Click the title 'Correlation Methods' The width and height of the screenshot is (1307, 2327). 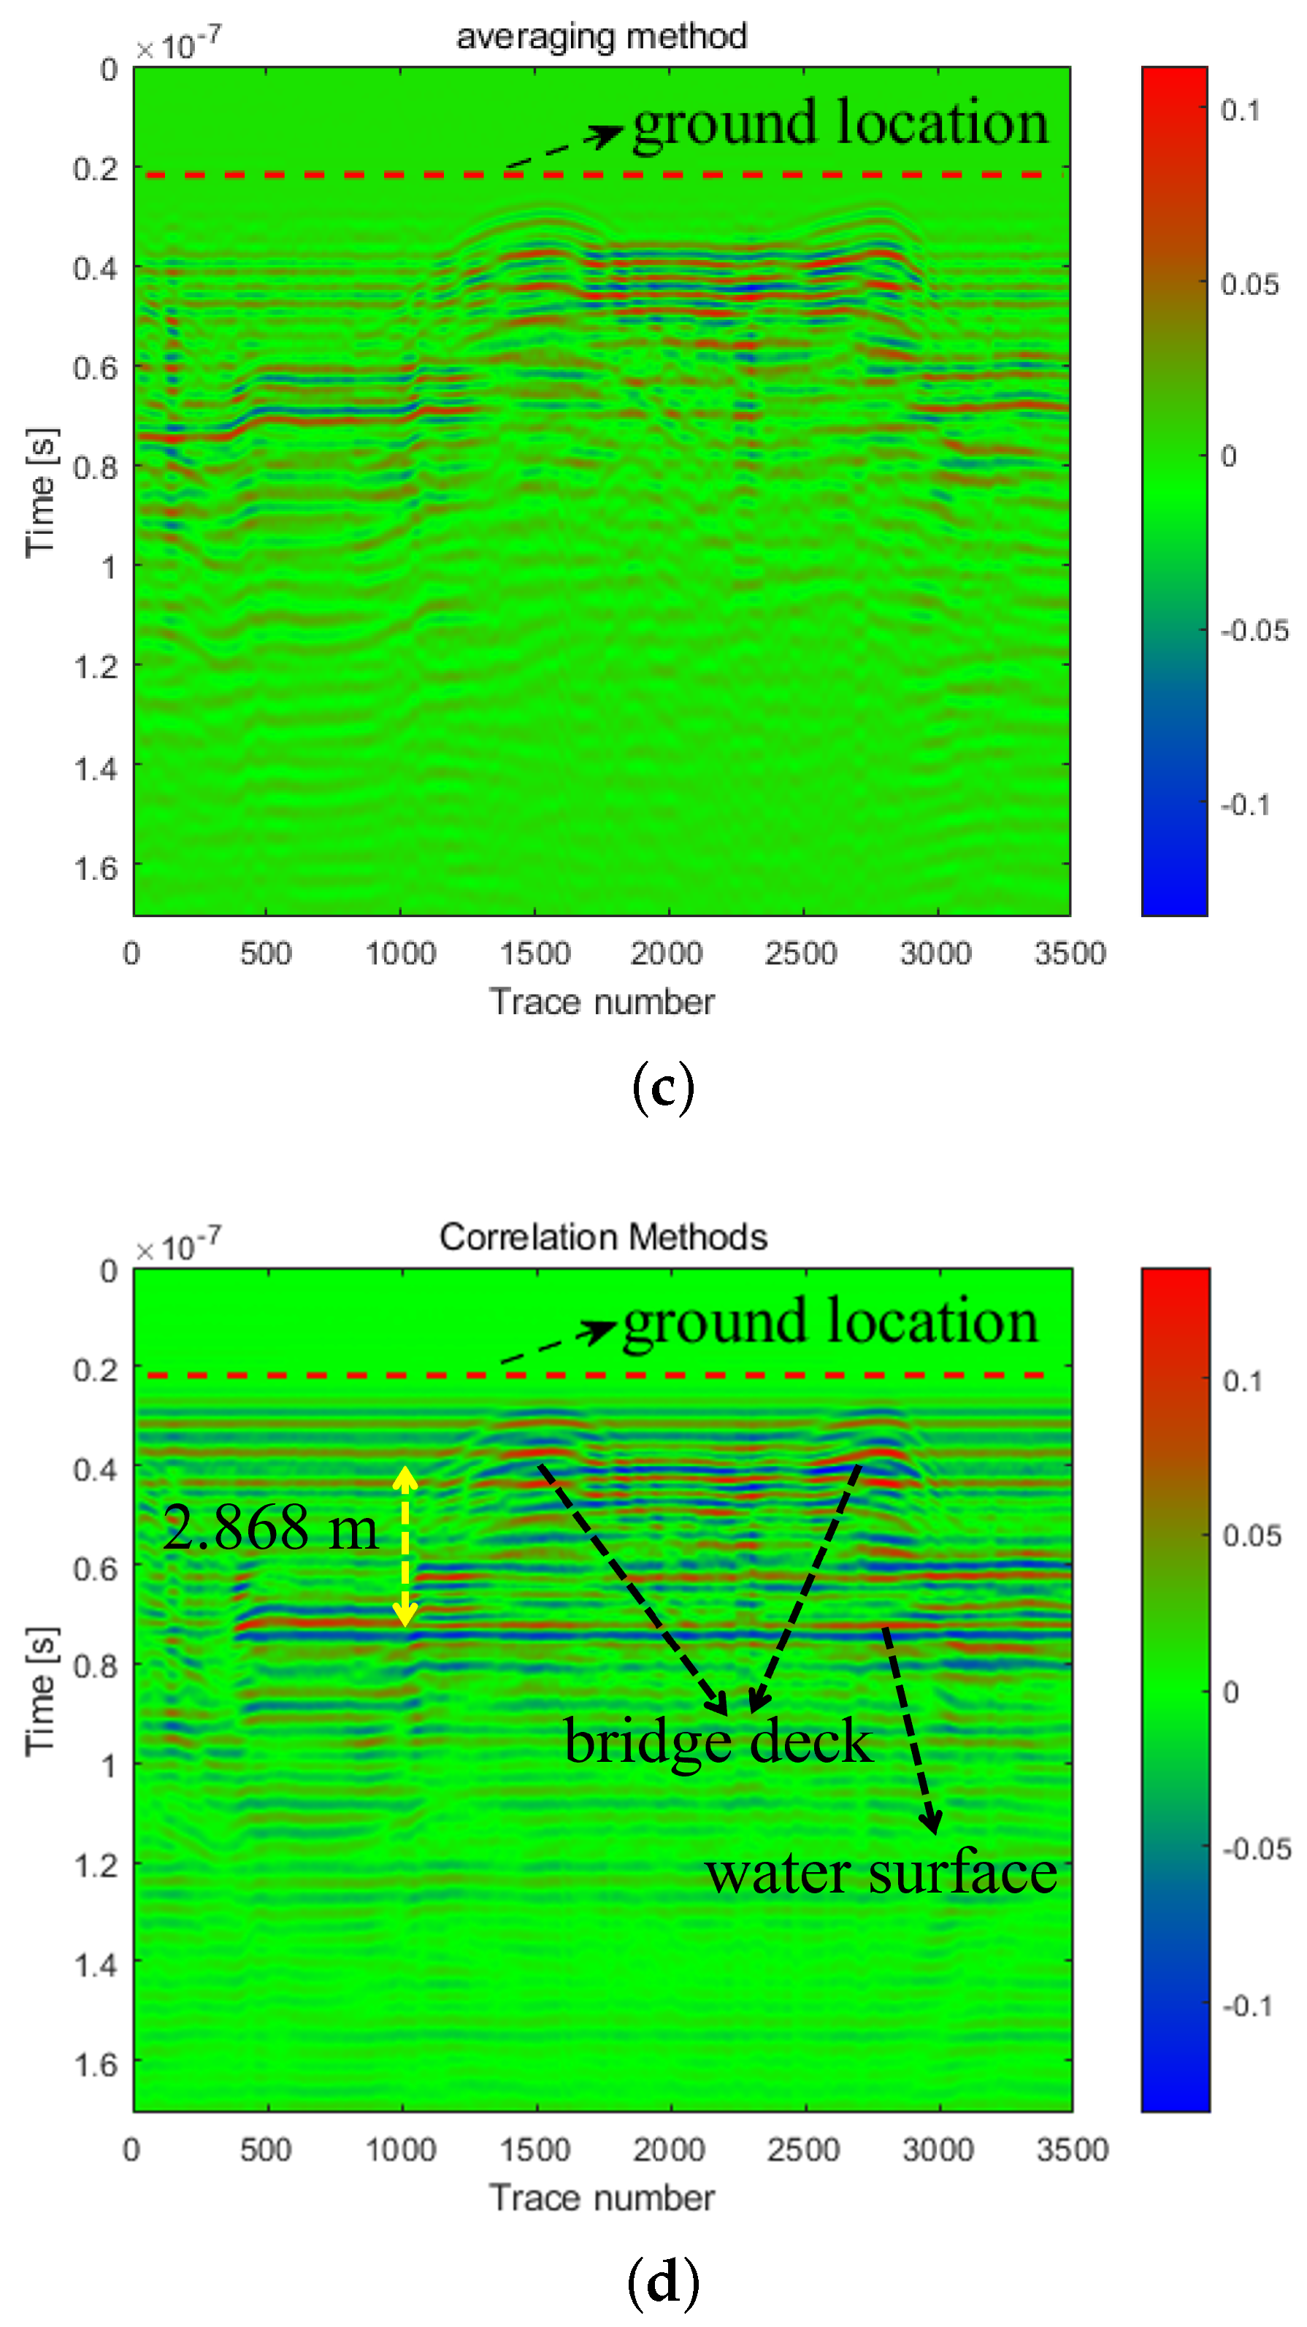(x=602, y=1237)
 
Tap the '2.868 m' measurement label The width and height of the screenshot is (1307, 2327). (x=270, y=1528)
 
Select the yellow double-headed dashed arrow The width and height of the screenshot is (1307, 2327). (x=405, y=1546)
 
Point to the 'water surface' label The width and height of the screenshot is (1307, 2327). (x=881, y=1873)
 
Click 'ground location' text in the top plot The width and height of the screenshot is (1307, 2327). (x=840, y=123)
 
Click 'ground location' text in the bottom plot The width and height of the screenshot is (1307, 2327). (x=830, y=1322)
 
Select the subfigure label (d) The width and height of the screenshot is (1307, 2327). (x=663, y=2282)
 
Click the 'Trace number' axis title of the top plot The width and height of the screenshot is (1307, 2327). (x=602, y=1002)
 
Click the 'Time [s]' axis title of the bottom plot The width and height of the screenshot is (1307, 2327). (x=42, y=1691)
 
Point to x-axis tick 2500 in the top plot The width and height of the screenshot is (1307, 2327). (x=800, y=954)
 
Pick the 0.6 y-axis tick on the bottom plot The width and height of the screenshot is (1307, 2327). (x=96, y=1569)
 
